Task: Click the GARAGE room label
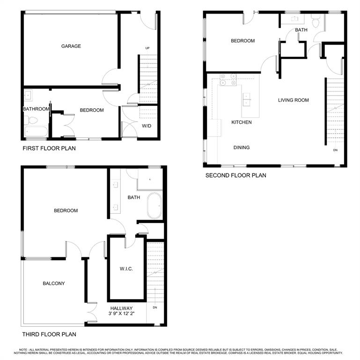click(x=71, y=46)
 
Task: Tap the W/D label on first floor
click(x=147, y=126)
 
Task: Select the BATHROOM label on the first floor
click(x=36, y=109)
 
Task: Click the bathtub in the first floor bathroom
click(x=36, y=132)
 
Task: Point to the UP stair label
click(x=147, y=48)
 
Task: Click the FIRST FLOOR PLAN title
click(x=49, y=149)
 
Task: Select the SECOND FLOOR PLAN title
click(x=235, y=175)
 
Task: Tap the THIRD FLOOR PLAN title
click(x=49, y=335)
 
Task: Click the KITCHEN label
click(x=242, y=122)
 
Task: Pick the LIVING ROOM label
click(x=294, y=100)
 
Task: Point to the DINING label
click(x=242, y=148)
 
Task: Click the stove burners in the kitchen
click(x=227, y=80)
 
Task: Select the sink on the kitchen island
click(x=246, y=98)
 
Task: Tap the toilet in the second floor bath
click(x=316, y=21)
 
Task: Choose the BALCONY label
click(x=54, y=284)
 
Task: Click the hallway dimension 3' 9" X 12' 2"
click(x=121, y=314)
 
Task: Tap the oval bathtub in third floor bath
click(x=154, y=207)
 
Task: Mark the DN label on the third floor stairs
click(x=154, y=307)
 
